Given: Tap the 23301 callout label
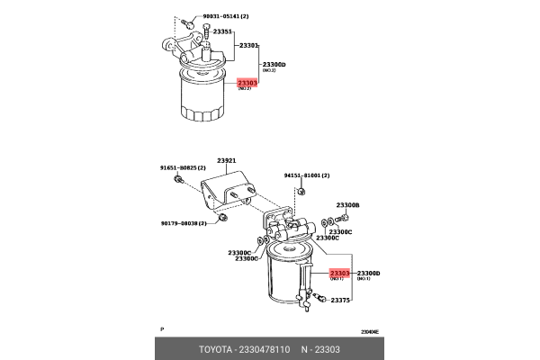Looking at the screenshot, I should point(248,45).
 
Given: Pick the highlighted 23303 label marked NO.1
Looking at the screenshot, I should point(340,273).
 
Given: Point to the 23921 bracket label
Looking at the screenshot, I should point(224,160).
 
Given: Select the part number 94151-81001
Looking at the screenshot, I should point(306,175).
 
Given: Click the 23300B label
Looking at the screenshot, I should point(347,205).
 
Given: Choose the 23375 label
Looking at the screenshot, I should point(339,301).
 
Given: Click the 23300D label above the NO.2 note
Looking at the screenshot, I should point(274,65).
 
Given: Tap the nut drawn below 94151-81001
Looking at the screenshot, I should point(300,190).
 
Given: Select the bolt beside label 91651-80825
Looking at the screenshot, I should point(178,181).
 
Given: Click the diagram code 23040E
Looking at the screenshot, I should point(370,332).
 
